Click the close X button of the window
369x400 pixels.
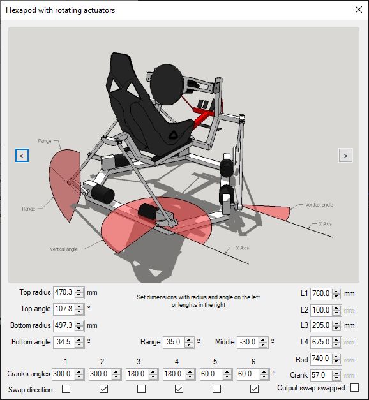pos(359,10)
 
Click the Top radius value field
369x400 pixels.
pos(64,292)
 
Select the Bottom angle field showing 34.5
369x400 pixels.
pos(64,342)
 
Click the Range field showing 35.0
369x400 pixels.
pos(174,342)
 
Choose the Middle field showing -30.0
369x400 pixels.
pos(248,342)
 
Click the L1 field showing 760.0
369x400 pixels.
pos(321,293)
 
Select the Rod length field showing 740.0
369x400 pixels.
pos(321,359)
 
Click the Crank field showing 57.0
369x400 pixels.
pos(321,375)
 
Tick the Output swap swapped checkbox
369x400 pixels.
pos(354,387)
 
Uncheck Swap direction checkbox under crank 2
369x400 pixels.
pos(103,389)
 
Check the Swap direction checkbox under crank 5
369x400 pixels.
pos(216,389)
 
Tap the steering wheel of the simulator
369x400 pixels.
pos(167,85)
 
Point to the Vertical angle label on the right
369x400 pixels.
pos(319,205)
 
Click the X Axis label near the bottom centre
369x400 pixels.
pos(243,248)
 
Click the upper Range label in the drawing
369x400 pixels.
pos(45,141)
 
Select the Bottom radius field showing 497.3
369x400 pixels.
pos(64,325)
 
